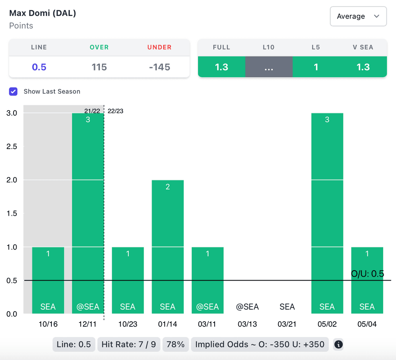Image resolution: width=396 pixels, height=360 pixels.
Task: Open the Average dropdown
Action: click(358, 16)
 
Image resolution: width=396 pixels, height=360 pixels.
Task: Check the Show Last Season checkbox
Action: click(14, 91)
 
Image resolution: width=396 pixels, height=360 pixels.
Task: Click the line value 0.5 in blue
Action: click(39, 67)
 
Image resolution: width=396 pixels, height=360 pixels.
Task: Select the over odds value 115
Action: click(99, 67)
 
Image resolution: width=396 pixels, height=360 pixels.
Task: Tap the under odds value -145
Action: click(159, 67)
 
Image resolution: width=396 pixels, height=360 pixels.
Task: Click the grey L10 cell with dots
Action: click(269, 67)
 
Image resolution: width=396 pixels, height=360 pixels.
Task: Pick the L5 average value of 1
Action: click(316, 67)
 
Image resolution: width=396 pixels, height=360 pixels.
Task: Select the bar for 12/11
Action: click(88, 213)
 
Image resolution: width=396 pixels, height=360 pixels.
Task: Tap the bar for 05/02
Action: click(327, 213)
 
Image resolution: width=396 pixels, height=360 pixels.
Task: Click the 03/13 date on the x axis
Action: click(247, 324)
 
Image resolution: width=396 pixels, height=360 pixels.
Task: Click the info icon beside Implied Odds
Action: click(338, 344)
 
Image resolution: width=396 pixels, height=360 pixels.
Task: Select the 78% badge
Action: click(176, 344)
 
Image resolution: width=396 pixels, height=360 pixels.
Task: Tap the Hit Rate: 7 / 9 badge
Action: click(128, 344)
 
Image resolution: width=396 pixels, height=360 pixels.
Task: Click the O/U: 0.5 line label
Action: click(367, 274)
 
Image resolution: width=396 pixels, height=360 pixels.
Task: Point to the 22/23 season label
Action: click(115, 111)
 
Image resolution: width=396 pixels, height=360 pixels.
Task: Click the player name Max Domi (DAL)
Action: click(43, 13)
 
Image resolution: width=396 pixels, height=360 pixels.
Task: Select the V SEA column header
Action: click(363, 47)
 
